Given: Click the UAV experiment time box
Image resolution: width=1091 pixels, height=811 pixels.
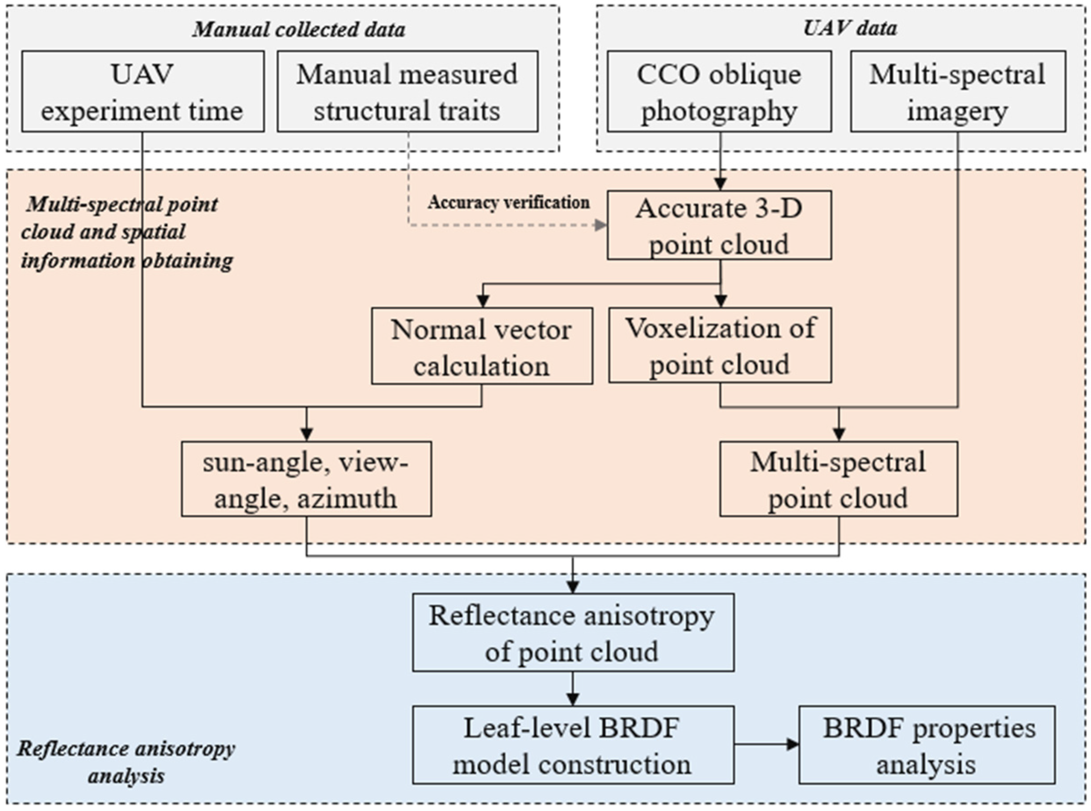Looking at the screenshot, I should point(143,91).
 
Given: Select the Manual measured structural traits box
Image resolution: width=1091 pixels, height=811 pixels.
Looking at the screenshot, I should point(407,91).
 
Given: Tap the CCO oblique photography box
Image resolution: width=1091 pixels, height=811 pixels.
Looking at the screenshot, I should point(719,91).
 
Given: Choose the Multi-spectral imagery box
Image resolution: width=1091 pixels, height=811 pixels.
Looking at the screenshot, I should point(957,91).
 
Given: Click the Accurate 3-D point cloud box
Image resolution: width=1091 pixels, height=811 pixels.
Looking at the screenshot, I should point(719,225).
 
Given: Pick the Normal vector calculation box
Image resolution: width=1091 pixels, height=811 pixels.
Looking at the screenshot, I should point(482,346).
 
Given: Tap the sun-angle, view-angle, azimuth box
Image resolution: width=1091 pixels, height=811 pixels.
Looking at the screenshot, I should point(306,479).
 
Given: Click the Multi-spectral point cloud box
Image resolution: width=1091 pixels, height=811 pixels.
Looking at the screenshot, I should point(838,479).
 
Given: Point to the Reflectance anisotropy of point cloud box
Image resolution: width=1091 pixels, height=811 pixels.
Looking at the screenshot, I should point(573,633).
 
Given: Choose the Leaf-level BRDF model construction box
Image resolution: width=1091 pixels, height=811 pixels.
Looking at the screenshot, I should point(573,745).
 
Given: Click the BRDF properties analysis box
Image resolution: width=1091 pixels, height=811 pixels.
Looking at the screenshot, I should point(927,745).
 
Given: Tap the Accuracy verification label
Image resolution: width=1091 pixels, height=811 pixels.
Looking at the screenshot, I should point(508,202).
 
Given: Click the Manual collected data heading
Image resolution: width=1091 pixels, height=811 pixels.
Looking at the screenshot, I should point(298,29).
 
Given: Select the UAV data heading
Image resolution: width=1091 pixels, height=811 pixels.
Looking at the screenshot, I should point(850,28).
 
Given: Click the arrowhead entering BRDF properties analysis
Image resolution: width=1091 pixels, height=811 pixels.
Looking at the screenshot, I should point(792,744).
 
